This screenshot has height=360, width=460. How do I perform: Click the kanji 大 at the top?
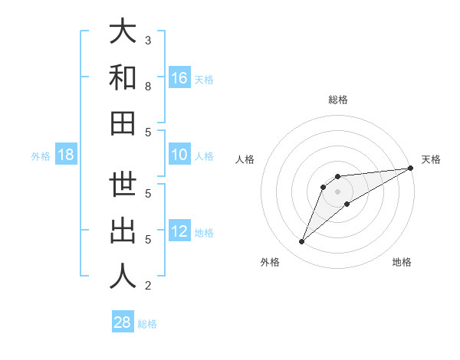(123, 32)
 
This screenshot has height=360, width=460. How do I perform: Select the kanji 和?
(123, 78)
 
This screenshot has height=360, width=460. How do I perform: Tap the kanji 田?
(123, 123)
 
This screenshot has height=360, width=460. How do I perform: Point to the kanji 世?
(123, 185)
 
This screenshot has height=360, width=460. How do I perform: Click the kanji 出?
(123, 231)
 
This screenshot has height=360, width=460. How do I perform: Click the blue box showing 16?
(179, 78)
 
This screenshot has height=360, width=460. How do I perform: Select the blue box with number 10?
(179, 155)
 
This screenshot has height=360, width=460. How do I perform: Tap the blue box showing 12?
(179, 232)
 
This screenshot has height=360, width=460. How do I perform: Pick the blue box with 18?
(66, 155)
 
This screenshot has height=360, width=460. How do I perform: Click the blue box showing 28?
(123, 322)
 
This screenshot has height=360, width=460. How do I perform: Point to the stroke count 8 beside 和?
(148, 87)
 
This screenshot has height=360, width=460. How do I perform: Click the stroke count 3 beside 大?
(148, 40)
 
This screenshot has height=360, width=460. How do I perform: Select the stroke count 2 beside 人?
(148, 286)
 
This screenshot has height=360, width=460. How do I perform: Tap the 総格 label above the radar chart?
(338, 100)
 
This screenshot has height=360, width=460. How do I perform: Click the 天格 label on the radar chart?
(431, 159)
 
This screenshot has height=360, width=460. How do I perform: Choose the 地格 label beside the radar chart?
(402, 262)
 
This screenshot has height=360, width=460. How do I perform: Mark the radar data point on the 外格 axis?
(301, 242)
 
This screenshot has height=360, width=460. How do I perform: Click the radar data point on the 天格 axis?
(411, 168)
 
